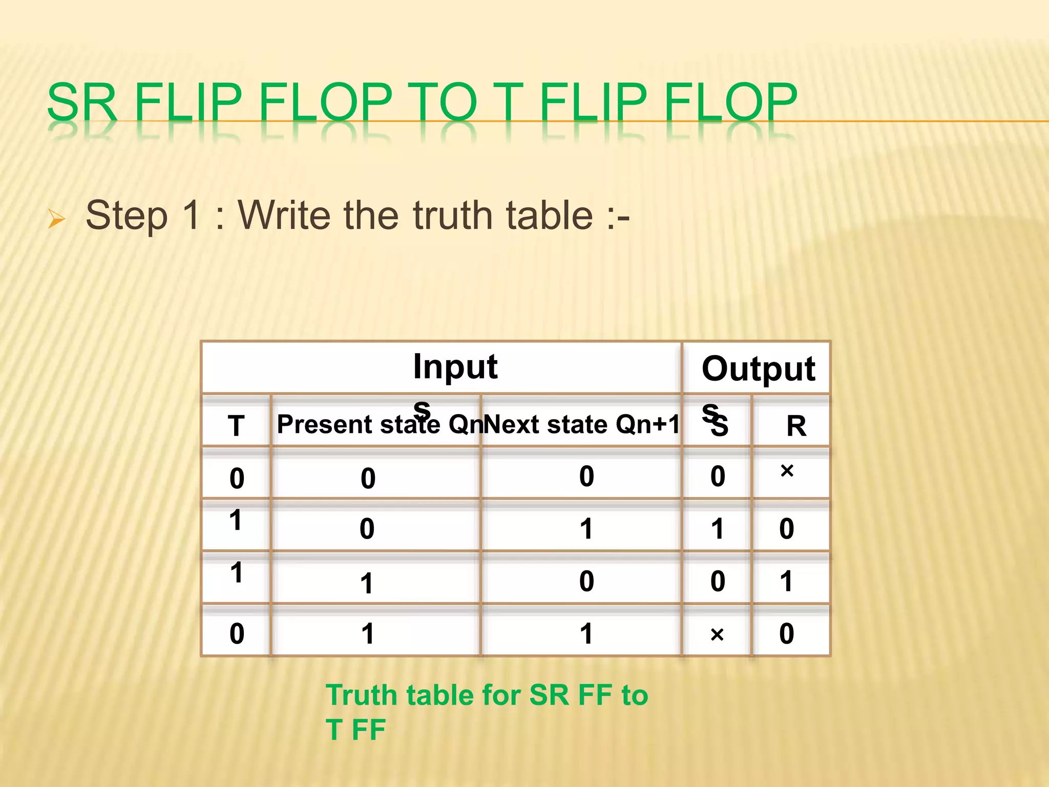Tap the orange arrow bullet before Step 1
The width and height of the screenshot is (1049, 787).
coord(56,219)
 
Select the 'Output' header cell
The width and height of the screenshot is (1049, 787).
coord(758,368)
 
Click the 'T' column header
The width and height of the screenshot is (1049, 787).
coord(236,426)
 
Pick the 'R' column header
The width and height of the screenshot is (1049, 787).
coord(796,426)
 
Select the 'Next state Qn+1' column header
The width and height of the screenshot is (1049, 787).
coord(581,424)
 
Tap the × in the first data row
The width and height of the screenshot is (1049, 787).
coord(787,470)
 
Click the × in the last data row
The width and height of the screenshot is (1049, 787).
coord(717,635)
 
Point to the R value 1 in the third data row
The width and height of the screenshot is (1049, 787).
coord(786,581)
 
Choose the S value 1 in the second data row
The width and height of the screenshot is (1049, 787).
coord(718,529)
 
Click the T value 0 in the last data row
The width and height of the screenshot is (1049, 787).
coord(237,634)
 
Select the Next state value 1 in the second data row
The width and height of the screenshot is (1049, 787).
coord(586,529)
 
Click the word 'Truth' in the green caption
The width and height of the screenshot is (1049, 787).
coord(362,695)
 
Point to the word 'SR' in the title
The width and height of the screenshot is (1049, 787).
coord(82,102)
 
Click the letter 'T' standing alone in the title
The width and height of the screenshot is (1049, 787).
coord(505,102)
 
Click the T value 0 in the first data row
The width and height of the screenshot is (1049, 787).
coord(237,479)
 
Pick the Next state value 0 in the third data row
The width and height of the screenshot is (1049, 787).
coord(586,581)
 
